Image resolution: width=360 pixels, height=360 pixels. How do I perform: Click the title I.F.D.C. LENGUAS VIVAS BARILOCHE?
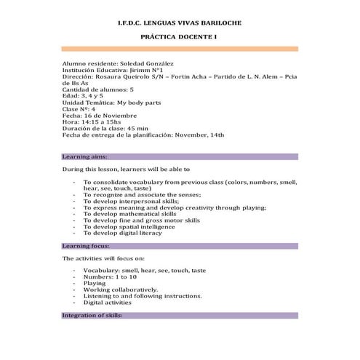tap(179, 23)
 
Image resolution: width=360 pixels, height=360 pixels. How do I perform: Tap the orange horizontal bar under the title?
tap(179, 49)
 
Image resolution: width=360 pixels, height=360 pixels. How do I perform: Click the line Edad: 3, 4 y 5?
tap(83, 96)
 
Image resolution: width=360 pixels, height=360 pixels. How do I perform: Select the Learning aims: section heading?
tap(85, 156)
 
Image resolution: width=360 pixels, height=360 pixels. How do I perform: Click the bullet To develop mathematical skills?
tap(129, 214)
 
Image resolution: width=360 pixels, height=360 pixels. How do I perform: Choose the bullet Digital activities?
tap(108, 303)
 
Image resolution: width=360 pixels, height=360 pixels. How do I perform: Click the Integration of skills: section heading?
tap(93, 316)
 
